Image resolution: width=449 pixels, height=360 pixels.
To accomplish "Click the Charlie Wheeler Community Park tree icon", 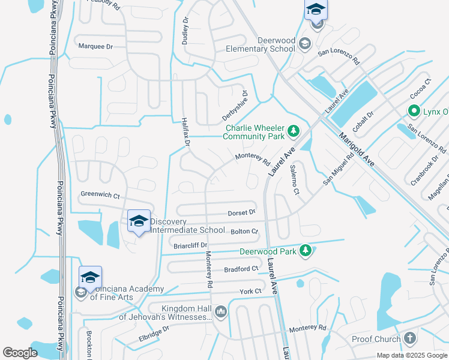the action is [293, 130].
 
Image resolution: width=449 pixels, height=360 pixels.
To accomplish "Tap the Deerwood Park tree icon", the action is [306, 250].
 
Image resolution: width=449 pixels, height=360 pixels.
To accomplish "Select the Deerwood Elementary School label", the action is [277, 44].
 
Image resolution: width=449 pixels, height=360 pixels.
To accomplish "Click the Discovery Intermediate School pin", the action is [139, 222].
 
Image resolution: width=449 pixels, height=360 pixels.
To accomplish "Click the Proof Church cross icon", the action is [410, 338].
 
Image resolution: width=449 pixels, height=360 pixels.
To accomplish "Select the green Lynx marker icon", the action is [414, 111].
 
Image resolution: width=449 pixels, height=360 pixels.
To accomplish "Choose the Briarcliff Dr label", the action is [190, 245].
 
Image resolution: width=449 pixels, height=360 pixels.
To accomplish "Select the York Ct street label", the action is [250, 291].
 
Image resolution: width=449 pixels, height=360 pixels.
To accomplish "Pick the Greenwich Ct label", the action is [100, 195].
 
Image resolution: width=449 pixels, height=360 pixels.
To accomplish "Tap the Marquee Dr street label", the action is [95, 46].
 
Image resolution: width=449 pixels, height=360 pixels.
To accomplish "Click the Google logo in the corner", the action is [20, 353].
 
